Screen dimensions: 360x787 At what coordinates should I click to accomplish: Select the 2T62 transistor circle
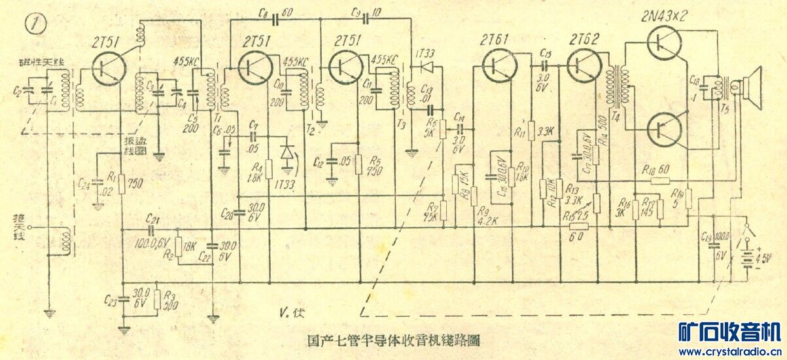(582, 65)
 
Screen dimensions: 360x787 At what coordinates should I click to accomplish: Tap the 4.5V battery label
(763, 256)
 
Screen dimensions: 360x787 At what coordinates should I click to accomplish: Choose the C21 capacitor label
(154, 218)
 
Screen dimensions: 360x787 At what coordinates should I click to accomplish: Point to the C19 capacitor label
(707, 237)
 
